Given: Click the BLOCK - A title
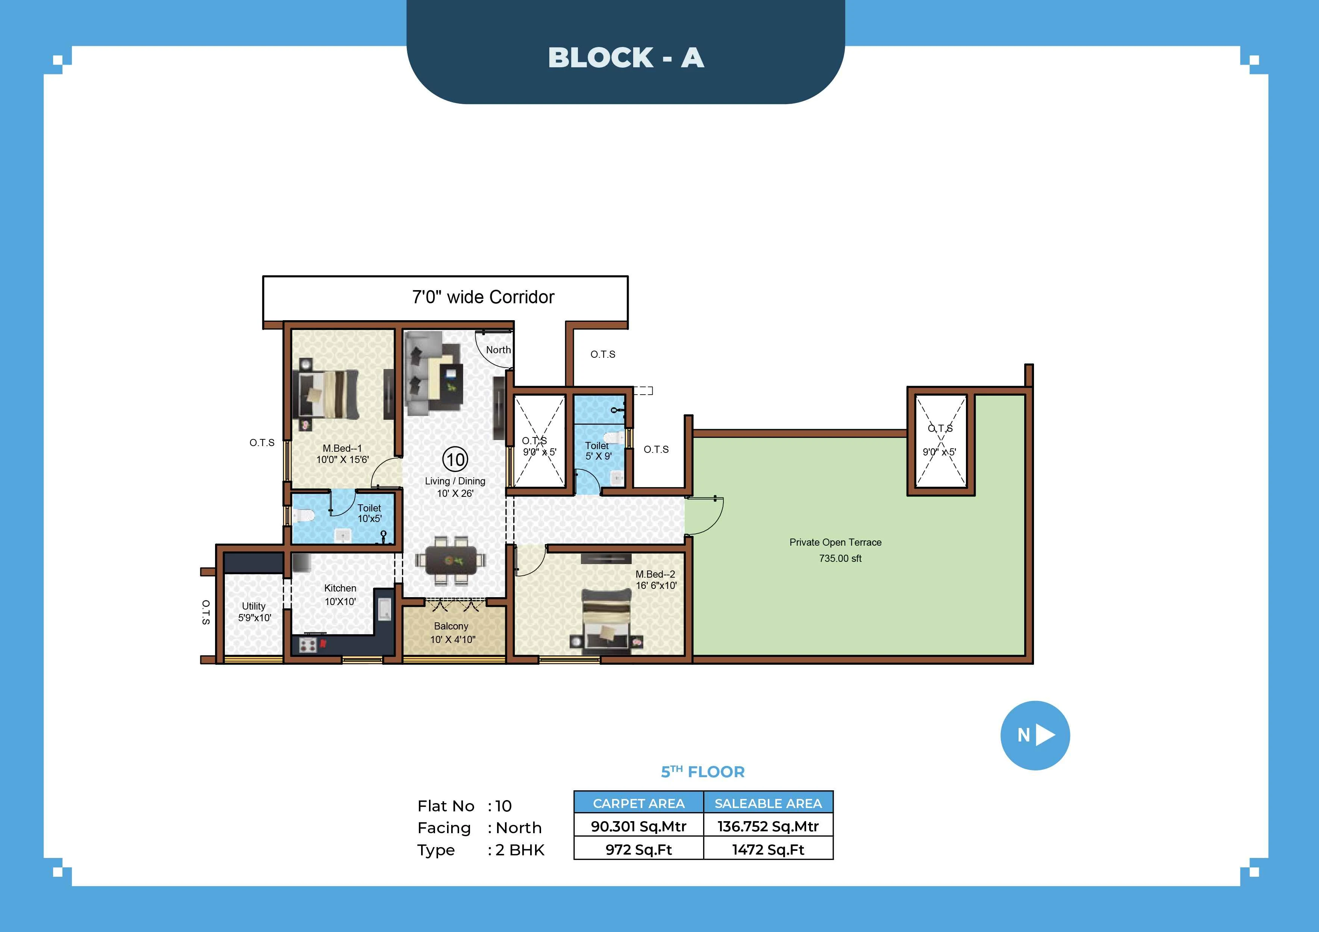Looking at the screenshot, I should (x=626, y=57).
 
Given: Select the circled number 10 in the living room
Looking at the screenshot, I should (x=455, y=459).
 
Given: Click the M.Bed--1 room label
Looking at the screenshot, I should (x=343, y=454).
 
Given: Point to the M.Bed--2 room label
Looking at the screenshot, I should (x=655, y=579).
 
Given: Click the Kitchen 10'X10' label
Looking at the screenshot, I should (x=340, y=595).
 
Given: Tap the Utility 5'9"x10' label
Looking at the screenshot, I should (x=254, y=611).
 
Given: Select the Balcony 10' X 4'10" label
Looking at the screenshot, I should (x=452, y=632).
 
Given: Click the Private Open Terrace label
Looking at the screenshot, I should (x=835, y=549).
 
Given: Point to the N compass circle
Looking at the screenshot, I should (x=1035, y=735).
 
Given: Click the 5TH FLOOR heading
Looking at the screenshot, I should (x=703, y=772).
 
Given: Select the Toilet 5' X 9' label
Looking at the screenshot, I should (x=598, y=451).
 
